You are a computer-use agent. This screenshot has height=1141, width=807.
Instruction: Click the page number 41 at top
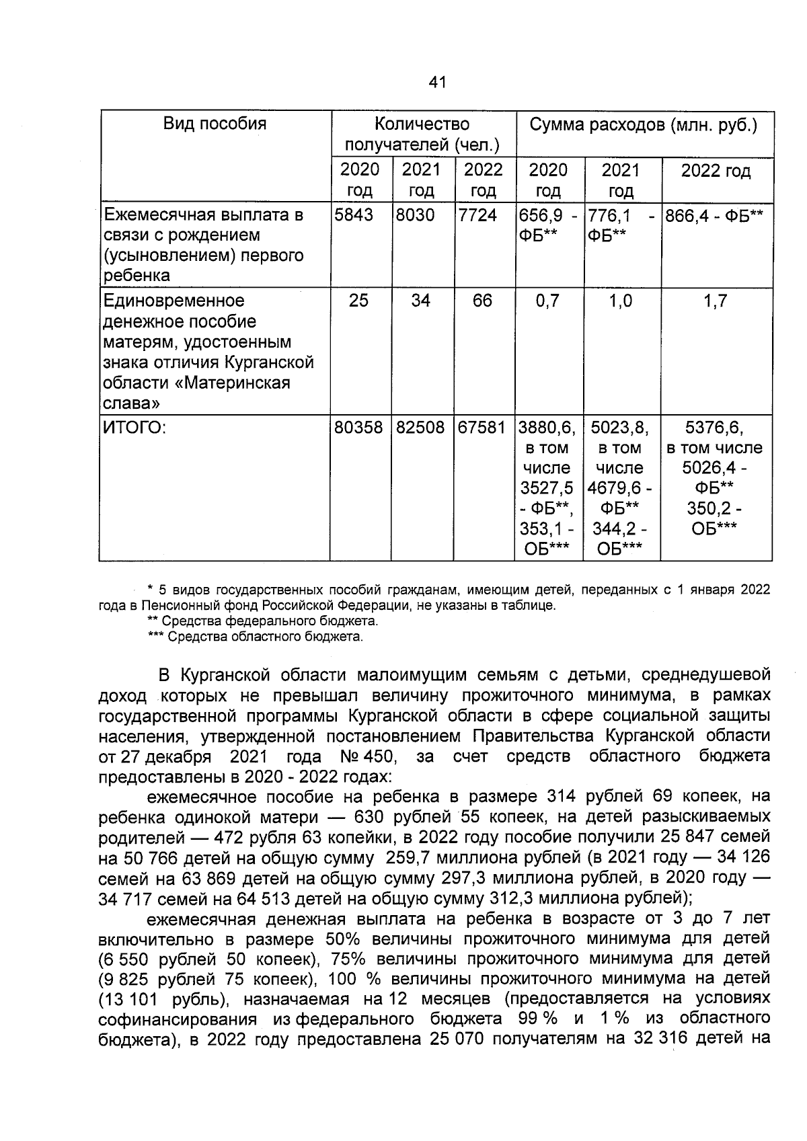[436, 83]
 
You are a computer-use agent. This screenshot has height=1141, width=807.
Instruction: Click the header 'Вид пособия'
[215, 124]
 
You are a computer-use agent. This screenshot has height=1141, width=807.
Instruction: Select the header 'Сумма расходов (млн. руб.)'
[644, 125]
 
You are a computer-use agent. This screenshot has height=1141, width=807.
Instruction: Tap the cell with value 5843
[354, 216]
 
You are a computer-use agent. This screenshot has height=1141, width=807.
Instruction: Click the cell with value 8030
[416, 216]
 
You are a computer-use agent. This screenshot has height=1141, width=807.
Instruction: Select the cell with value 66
[482, 301]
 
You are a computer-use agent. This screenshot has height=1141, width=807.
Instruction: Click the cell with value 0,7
[547, 301]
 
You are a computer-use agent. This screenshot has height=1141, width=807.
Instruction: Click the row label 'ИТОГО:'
[133, 428]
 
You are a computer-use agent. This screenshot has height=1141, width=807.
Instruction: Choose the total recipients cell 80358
[358, 428]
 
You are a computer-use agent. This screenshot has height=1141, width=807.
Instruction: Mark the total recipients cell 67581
[482, 428]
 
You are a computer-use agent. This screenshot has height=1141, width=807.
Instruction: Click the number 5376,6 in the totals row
[714, 428]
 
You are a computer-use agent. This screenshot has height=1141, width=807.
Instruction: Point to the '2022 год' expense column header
[716, 171]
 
